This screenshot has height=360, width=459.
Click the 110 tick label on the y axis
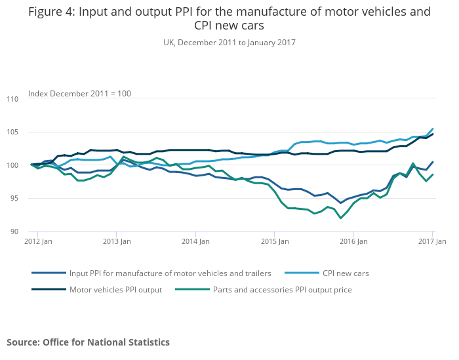(x=12, y=99)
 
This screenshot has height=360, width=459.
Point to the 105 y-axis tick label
(x=12, y=132)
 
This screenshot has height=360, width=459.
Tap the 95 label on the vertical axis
(x=14, y=198)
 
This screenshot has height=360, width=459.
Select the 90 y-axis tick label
(x=14, y=231)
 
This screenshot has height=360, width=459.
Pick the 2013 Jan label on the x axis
(x=117, y=242)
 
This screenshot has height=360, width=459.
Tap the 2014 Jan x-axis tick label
(x=195, y=242)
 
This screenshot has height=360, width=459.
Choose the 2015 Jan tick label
(x=275, y=242)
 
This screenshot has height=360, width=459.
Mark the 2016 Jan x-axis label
(x=353, y=242)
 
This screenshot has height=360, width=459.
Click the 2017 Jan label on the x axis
(x=432, y=242)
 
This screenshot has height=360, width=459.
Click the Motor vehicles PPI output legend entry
(x=115, y=289)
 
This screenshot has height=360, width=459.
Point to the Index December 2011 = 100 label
(x=79, y=94)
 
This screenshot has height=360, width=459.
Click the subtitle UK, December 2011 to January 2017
(x=229, y=43)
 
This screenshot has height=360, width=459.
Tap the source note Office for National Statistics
(x=88, y=342)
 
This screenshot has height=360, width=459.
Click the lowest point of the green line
(x=340, y=218)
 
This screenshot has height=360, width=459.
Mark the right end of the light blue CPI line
(x=432, y=129)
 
